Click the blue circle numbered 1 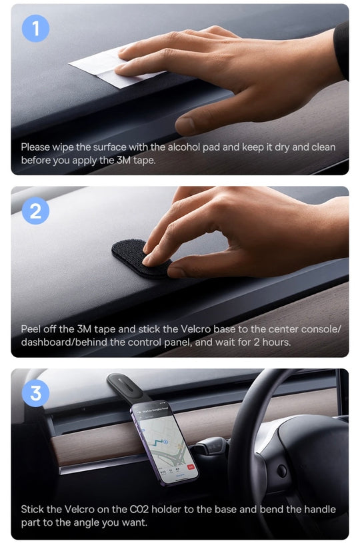(35, 29)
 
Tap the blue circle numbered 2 (35, 211)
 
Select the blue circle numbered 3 (35, 393)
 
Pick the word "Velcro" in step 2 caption (195, 329)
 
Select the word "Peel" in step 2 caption (31, 329)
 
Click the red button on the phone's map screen (190, 467)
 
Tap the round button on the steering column (282, 470)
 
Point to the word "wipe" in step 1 (63, 148)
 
